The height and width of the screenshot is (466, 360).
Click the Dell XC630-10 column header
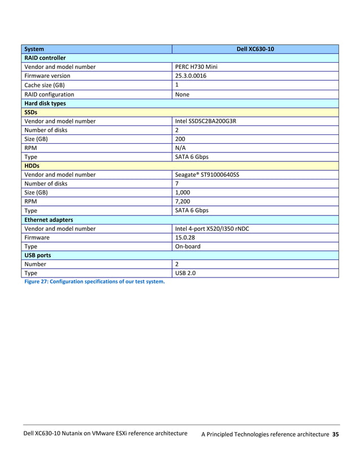tap(255, 49)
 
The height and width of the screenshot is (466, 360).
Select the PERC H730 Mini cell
tap(196, 67)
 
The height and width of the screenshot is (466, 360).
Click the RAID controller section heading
tap(45, 58)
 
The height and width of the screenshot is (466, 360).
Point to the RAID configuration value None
tap(182, 95)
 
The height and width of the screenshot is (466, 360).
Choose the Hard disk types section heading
tap(45, 104)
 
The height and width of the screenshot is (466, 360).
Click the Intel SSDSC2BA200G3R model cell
tap(205, 121)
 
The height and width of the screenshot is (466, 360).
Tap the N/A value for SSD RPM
tap(181, 148)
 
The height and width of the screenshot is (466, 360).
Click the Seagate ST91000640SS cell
tap(207, 175)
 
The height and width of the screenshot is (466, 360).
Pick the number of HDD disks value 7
tap(177, 183)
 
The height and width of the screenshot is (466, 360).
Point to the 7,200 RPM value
tap(183, 201)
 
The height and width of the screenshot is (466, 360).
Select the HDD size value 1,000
tap(183, 192)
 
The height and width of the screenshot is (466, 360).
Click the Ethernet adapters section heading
tap(48, 219)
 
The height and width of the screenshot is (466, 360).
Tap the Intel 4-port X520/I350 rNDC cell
tap(212, 228)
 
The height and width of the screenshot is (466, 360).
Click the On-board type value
tap(188, 247)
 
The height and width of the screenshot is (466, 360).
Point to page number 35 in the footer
tap(335, 434)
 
